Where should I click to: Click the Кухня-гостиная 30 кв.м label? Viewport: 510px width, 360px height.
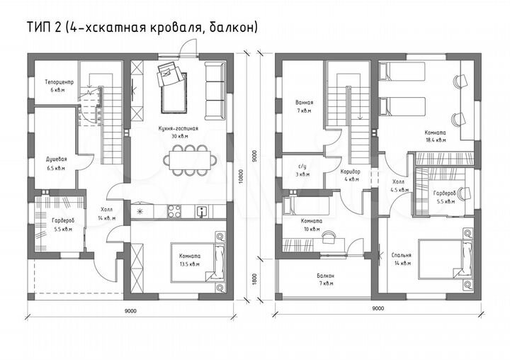(x=178, y=133)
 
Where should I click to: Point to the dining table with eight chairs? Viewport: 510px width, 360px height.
(x=188, y=159)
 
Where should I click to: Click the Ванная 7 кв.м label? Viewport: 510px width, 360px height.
(x=305, y=107)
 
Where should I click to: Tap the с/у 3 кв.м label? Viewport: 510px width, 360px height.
(x=302, y=169)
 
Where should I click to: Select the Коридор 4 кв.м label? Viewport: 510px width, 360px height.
(x=350, y=175)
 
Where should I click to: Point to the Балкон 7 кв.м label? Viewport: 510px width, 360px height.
(x=326, y=279)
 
